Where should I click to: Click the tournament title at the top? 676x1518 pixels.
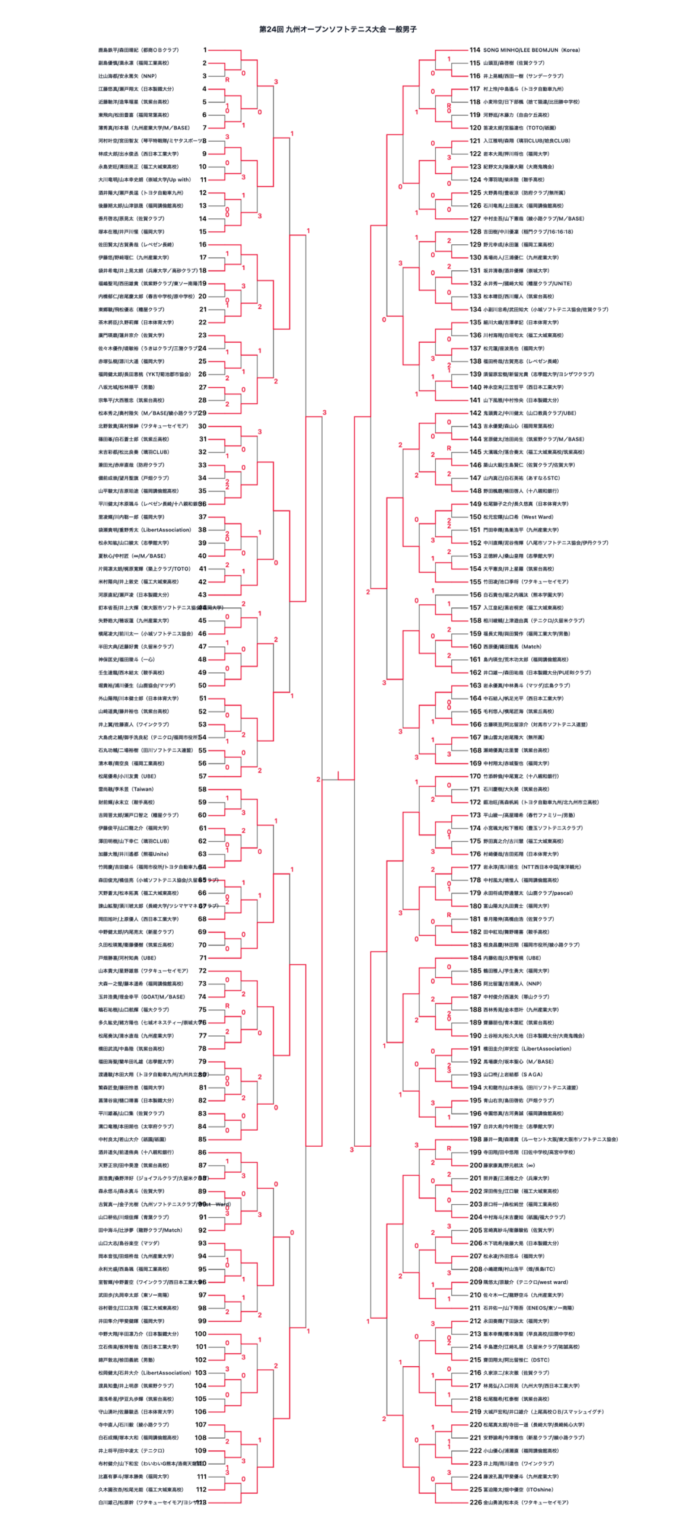click(337, 29)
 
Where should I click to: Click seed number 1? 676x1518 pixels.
click(205, 50)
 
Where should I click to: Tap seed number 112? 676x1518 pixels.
click(201, 1490)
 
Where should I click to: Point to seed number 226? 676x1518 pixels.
click(476, 1503)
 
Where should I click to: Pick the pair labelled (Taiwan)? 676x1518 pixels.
click(126, 789)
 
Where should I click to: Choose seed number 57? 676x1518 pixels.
click(203, 776)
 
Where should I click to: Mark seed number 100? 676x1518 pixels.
click(201, 1334)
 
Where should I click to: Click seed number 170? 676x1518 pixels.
click(476, 776)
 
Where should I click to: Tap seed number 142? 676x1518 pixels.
click(476, 413)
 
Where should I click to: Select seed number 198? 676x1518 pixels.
click(476, 1139)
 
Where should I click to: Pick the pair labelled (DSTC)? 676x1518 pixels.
click(516, 1360)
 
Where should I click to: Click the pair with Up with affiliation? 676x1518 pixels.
click(145, 180)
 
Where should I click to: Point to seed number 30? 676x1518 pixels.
click(203, 426)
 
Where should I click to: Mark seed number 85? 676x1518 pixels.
click(203, 1139)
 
